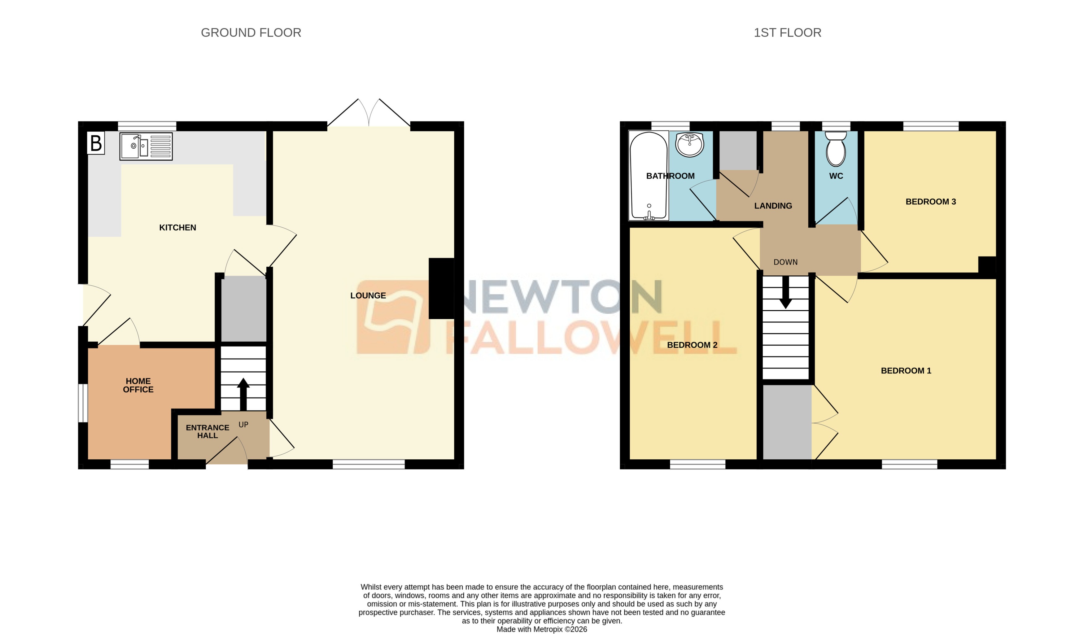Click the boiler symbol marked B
click(x=96, y=143)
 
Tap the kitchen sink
click(x=146, y=146)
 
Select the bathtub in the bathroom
click(x=649, y=176)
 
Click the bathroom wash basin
click(x=689, y=144)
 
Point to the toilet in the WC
click(x=836, y=149)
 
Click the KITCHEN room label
click(x=178, y=228)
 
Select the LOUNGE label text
click(x=368, y=295)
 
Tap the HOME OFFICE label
click(x=138, y=385)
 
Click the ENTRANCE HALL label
click(x=207, y=431)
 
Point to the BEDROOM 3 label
click(x=930, y=202)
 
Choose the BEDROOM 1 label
click(x=906, y=371)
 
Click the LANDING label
click(x=773, y=206)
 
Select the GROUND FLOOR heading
click(x=251, y=33)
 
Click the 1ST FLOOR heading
click(x=787, y=33)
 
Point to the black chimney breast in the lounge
click(x=441, y=288)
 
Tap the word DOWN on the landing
click(x=785, y=262)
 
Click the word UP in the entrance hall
click(x=243, y=425)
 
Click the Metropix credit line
click(x=542, y=629)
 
